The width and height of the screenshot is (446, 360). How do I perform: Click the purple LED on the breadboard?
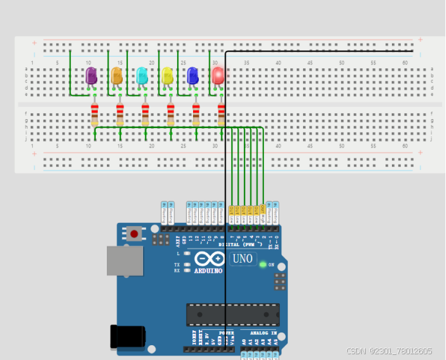pyautogui.click(x=91, y=76)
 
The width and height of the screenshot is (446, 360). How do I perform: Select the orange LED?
pyautogui.click(x=116, y=76)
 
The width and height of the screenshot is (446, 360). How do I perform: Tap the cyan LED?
pyautogui.click(x=142, y=76)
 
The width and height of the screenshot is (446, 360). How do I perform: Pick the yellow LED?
pyautogui.click(x=167, y=76)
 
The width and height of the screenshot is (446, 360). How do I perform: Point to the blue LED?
pyautogui.click(x=192, y=76)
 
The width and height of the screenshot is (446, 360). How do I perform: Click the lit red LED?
pyautogui.click(x=218, y=75)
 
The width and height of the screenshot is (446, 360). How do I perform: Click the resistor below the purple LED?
pyautogui.click(x=95, y=114)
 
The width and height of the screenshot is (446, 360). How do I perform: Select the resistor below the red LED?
pyautogui.click(x=221, y=114)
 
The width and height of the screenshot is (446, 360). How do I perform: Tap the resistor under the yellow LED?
pyautogui.click(x=171, y=114)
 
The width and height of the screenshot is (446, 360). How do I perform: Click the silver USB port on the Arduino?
pyautogui.click(x=124, y=260)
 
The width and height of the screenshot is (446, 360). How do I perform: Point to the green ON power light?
pyautogui.click(x=263, y=264)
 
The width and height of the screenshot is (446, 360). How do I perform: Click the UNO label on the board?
pyautogui.click(x=243, y=259)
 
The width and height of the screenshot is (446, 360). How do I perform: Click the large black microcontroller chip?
pyautogui.click(x=232, y=314)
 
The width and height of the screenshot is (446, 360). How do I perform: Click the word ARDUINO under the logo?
pyautogui.click(x=208, y=270)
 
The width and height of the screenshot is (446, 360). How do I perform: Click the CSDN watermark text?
pyautogui.click(x=389, y=351)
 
